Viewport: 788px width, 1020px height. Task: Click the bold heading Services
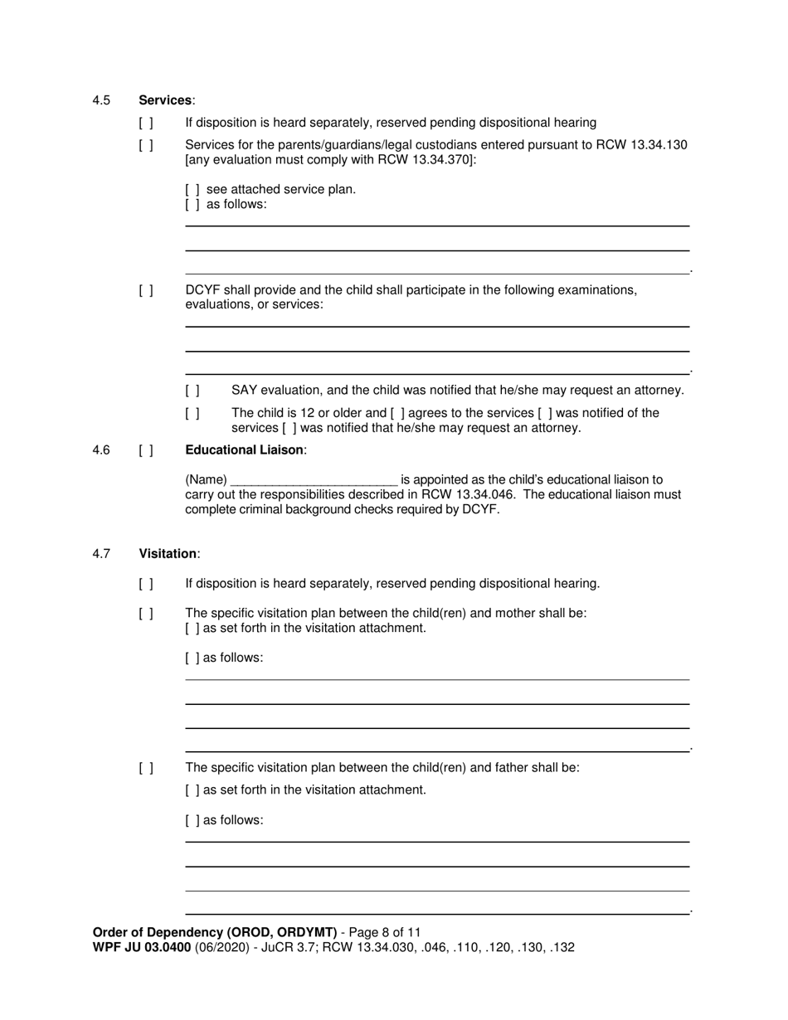pyautogui.click(x=165, y=100)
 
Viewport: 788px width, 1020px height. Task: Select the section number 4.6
pyautogui.click(x=101, y=450)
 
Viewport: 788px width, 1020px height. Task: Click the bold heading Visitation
pyautogui.click(x=168, y=554)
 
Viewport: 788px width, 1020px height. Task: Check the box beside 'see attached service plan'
pyautogui.click(x=192, y=190)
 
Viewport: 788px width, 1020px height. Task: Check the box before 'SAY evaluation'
pyautogui.click(x=192, y=391)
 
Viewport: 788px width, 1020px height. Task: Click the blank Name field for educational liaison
pyautogui.click(x=314, y=480)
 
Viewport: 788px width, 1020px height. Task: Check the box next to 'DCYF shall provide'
pyautogui.click(x=146, y=291)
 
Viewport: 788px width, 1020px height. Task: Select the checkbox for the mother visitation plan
pyautogui.click(x=146, y=614)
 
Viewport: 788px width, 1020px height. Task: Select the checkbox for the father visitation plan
pyautogui.click(x=146, y=768)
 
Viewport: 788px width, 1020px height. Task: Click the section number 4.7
pyautogui.click(x=101, y=554)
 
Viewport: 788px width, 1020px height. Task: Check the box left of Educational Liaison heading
pyautogui.click(x=146, y=450)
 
